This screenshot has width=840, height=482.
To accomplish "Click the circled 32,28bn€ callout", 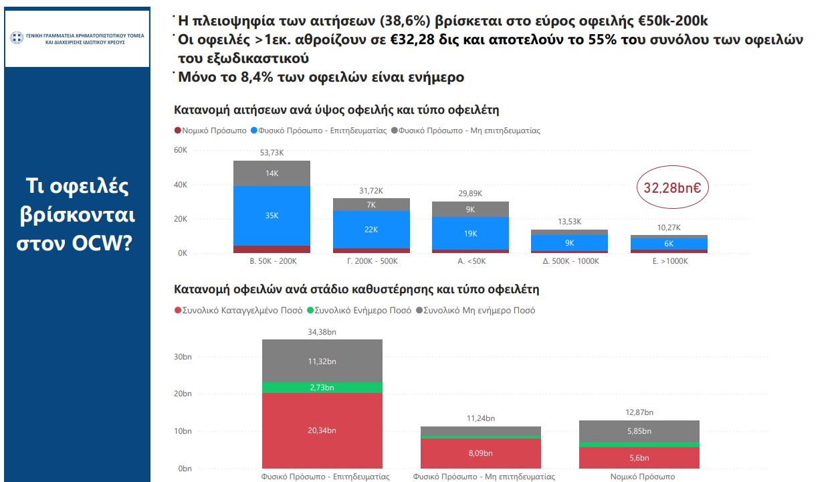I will point(672,188).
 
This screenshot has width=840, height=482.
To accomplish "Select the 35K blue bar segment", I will point(272,216).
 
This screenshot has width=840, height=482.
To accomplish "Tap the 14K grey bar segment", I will point(272,173).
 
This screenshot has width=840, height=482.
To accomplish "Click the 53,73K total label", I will point(272,153).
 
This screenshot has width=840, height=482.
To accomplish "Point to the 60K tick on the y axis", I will point(181,150).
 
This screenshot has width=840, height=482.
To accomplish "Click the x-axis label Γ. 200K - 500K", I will point(371,261).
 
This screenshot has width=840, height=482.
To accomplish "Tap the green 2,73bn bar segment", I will point(322,388).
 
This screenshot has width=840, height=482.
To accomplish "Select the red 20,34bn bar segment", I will point(322,430).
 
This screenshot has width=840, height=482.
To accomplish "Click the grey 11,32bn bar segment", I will point(322,361).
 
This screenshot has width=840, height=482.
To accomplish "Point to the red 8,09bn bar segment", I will point(480,453).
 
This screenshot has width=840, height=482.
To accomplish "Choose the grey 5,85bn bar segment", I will point(639,432).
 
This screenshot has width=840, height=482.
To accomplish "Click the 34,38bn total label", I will point(322,331).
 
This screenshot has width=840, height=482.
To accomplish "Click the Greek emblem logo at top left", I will point(17,37).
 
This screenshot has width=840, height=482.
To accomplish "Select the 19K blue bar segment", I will point(470,234).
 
